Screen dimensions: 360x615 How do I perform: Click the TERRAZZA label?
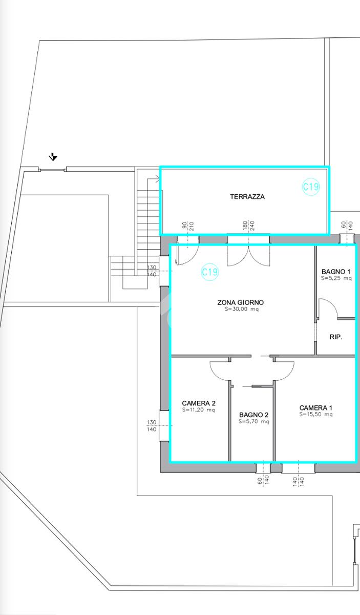click(x=247, y=197)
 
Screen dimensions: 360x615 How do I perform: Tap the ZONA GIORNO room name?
click(x=240, y=302)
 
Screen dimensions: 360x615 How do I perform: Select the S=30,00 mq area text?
click(x=242, y=309)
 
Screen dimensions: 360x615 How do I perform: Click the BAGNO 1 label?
click(x=336, y=272)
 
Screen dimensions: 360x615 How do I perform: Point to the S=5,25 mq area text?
click(x=336, y=278)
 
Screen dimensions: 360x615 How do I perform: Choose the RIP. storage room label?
click(x=336, y=337)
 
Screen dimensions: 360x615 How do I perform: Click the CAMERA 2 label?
click(x=199, y=403)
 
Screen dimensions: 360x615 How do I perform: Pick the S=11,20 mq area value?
click(x=199, y=410)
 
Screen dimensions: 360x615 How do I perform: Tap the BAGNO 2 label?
click(x=254, y=415)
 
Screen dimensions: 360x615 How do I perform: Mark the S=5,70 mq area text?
click(x=254, y=421)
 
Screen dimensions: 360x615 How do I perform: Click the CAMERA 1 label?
click(x=316, y=408)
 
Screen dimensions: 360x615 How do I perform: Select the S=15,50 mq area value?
click(x=316, y=415)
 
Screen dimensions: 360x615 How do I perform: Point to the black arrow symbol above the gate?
click(x=53, y=157)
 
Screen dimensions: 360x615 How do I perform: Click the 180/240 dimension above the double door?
click(x=248, y=226)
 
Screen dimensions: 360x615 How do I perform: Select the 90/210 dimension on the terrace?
click(x=188, y=226)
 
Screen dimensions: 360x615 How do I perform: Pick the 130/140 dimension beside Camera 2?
click(x=152, y=426)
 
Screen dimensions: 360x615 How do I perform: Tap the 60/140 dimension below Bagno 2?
click(x=263, y=480)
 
